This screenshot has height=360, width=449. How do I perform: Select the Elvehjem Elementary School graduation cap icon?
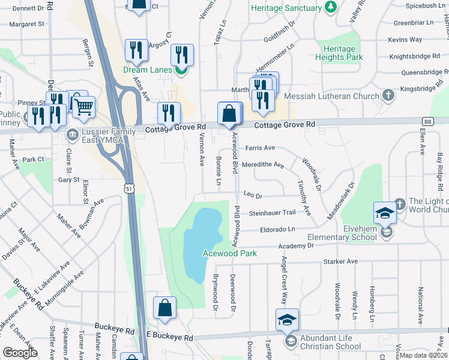pyautogui.click(x=385, y=214)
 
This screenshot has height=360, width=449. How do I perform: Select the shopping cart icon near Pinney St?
pyautogui.click(x=84, y=107)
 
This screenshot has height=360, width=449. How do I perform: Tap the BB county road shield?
pyautogui.click(x=427, y=121)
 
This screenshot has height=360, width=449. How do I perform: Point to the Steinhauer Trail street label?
pyautogui.click(x=273, y=212)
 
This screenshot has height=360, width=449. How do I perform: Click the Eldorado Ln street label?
pyautogui.click(x=278, y=230)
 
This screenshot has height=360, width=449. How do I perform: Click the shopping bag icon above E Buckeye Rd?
pyautogui.click(x=164, y=308)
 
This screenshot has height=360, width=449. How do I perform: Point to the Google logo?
pyautogui.click(x=20, y=353)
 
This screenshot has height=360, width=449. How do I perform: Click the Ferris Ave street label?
pyautogui.click(x=259, y=148)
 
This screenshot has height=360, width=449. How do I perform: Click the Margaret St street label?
pyautogui.click(x=26, y=25)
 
